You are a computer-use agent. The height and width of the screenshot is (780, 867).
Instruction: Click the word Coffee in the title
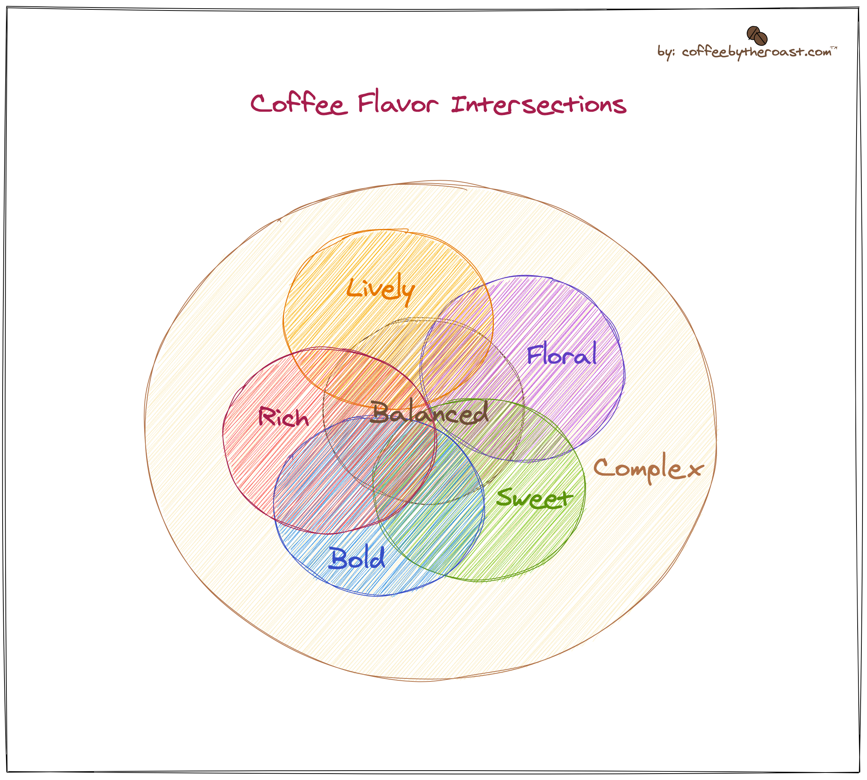click(299, 103)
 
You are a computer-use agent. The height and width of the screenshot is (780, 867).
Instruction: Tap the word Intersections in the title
click(538, 105)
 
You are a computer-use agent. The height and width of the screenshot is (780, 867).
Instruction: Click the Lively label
click(380, 289)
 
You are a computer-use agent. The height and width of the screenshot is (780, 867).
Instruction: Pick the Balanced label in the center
click(429, 413)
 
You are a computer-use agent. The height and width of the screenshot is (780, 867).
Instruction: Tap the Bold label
click(357, 558)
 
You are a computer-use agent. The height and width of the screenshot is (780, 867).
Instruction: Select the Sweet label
click(534, 499)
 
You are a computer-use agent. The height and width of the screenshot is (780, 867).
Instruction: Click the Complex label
click(648, 469)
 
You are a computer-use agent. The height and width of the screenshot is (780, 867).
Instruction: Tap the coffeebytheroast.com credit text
click(756, 52)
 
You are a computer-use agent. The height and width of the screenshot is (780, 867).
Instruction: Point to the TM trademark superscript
click(834, 48)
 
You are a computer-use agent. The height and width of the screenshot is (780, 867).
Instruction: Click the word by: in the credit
click(666, 52)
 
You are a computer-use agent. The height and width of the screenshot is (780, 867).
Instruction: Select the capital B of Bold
click(338, 558)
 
